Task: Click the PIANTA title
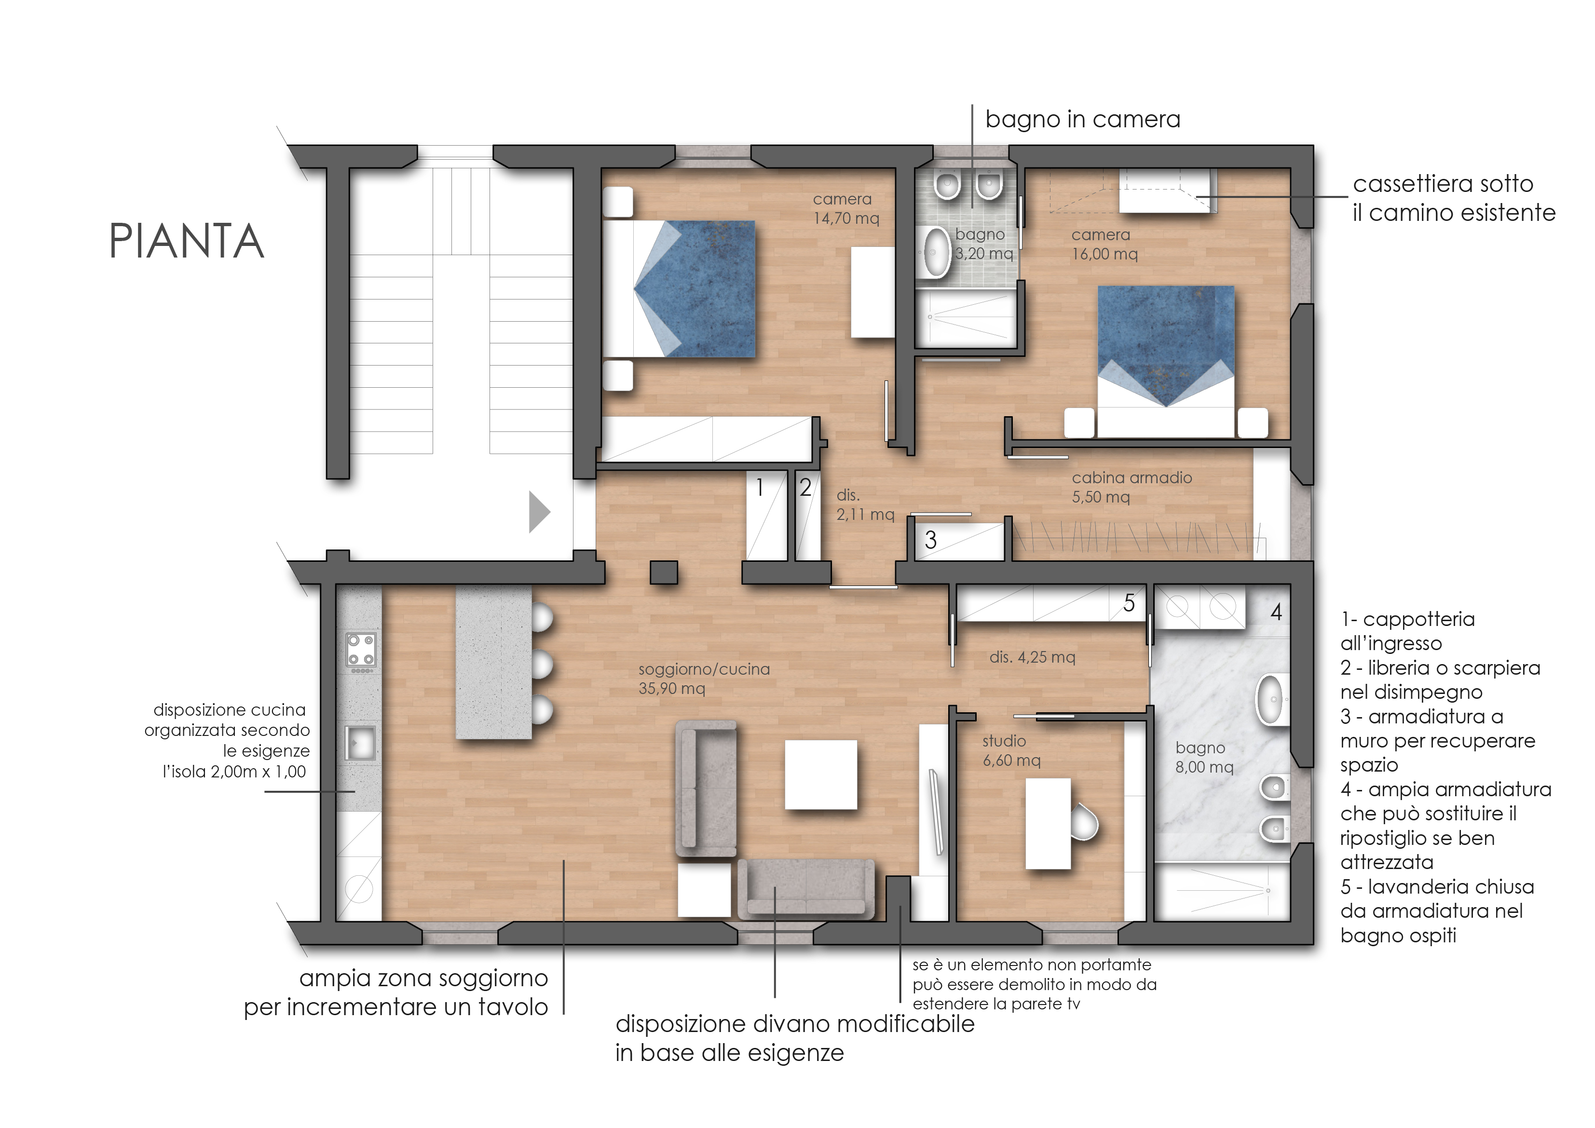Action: (187, 241)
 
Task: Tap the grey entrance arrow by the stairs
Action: (539, 512)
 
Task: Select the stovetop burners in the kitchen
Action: (361, 652)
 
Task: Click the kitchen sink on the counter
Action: (361, 743)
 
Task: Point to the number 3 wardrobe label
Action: (931, 540)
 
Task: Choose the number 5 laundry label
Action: (1129, 603)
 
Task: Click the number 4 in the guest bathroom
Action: (1276, 612)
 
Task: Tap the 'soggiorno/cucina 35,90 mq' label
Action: (704, 679)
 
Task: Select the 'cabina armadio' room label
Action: (1131, 478)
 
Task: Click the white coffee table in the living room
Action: (820, 775)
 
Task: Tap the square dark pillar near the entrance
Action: (664, 572)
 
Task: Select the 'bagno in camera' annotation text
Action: (1082, 120)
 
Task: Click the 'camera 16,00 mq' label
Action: (1104, 245)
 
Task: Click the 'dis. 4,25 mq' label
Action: (1032, 657)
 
